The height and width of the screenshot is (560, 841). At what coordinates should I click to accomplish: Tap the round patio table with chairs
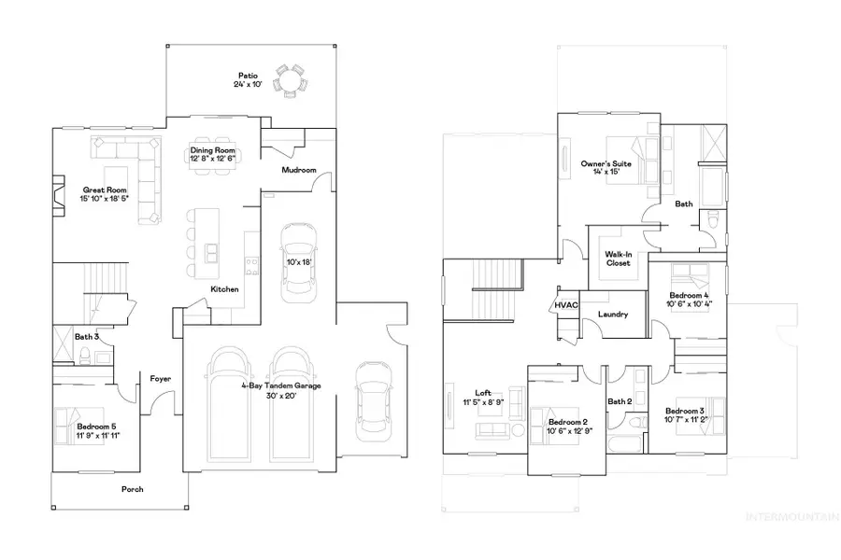tap(291, 80)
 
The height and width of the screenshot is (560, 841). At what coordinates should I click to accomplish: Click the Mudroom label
tap(299, 171)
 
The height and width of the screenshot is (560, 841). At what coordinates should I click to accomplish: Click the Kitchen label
tap(224, 289)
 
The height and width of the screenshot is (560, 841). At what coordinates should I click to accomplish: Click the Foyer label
tap(160, 378)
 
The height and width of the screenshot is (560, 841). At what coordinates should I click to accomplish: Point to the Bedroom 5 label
tap(97, 426)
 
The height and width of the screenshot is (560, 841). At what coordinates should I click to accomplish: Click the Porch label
tap(133, 488)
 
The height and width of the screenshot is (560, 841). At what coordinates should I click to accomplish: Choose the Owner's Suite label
tap(606, 163)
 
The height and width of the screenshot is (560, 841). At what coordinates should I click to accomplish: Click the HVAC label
tap(564, 305)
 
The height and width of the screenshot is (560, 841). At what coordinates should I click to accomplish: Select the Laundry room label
tap(612, 315)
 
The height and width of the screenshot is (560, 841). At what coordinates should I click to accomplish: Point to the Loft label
tap(482, 393)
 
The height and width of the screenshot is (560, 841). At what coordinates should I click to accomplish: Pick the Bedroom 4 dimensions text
tap(689, 303)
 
